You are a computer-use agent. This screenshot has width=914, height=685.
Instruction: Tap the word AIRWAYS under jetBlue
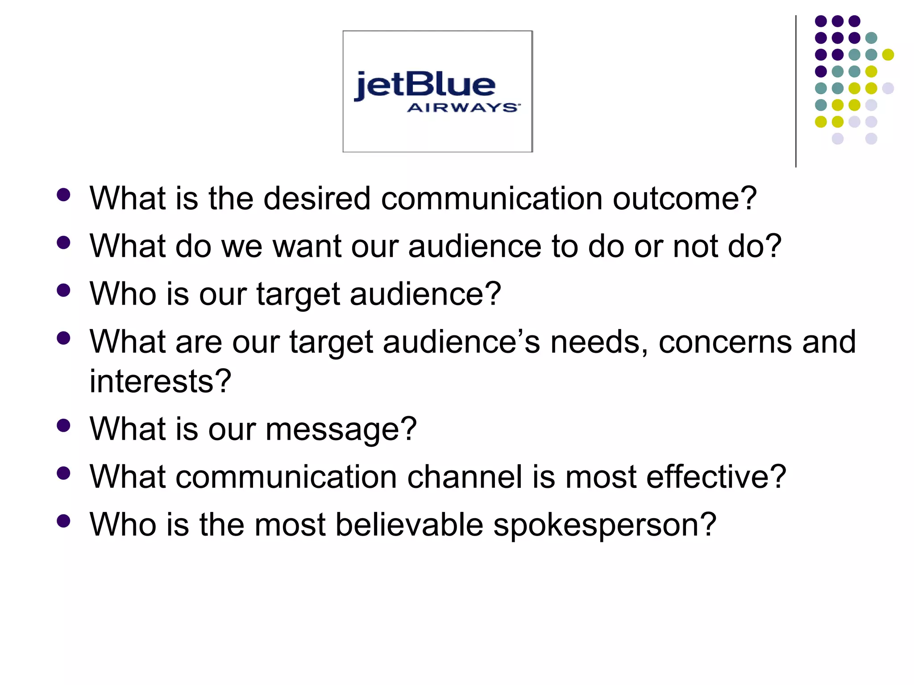pos(463,108)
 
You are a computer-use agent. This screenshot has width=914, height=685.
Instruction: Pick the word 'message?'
pos(341,429)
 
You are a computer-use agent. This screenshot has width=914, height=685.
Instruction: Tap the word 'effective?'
pos(716,476)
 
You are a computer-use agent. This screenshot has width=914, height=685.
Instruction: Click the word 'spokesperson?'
pos(605,525)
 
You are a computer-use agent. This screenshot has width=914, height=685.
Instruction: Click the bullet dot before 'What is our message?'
pos(64,425)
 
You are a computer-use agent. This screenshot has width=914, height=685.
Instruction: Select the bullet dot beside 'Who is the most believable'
pos(64,521)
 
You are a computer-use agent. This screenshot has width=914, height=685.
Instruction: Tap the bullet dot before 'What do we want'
pos(64,243)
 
